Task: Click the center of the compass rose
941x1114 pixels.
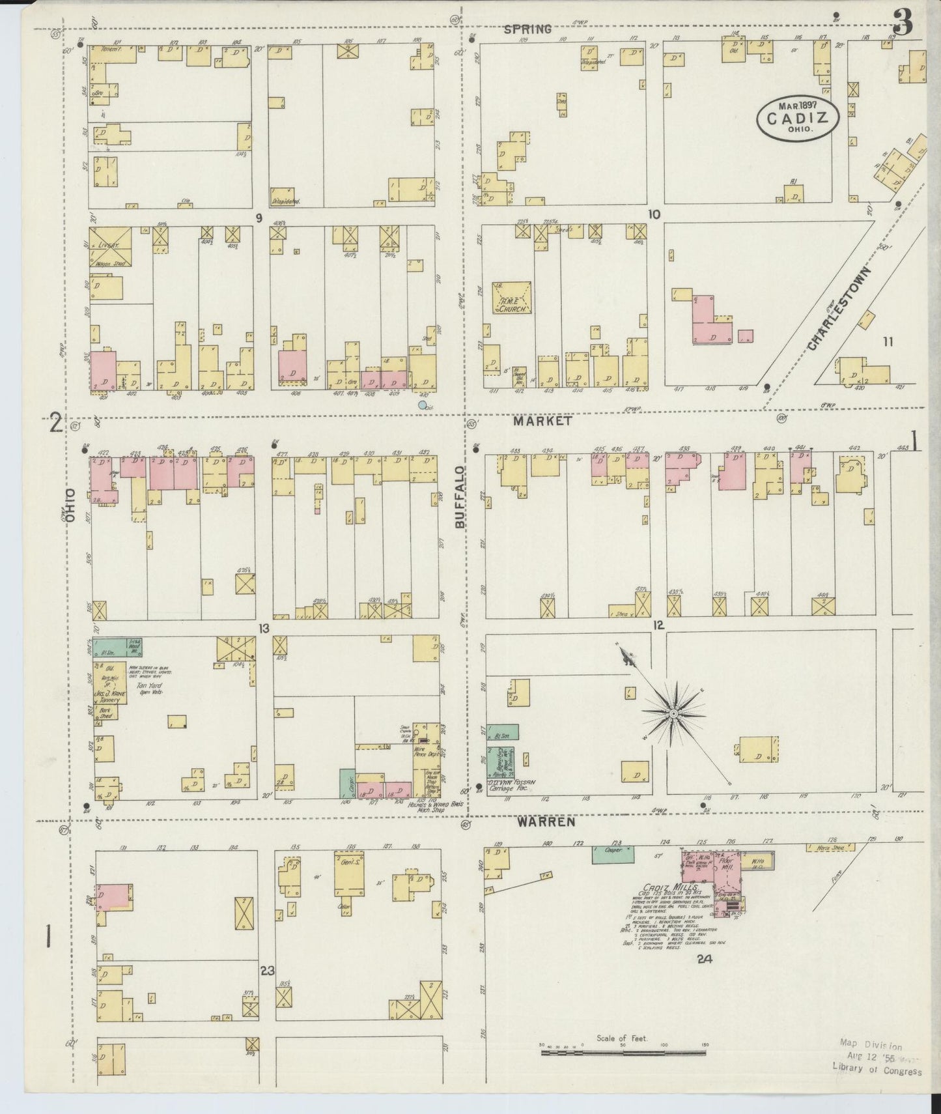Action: pos(673,715)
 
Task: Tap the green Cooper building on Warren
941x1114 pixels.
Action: pos(612,854)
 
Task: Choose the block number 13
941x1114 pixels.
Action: pos(263,629)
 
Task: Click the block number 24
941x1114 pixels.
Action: pos(703,958)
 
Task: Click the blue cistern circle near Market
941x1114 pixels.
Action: pos(423,405)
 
